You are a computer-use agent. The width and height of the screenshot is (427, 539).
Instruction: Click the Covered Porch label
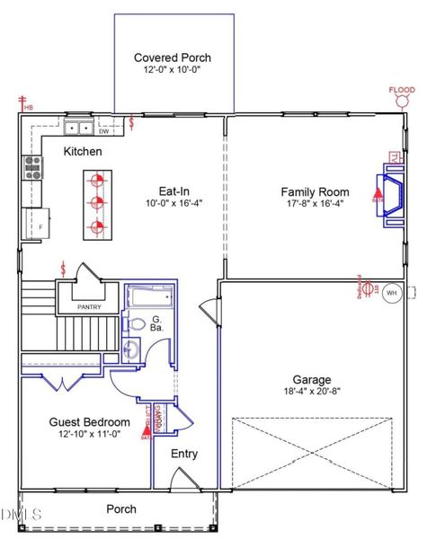(173, 57)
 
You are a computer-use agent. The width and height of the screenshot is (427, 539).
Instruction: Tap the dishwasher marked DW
(104, 131)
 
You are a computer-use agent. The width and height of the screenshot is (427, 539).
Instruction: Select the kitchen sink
(77, 128)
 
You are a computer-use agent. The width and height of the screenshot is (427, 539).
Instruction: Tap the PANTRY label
(88, 307)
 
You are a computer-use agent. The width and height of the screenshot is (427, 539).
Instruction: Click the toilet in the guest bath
(138, 324)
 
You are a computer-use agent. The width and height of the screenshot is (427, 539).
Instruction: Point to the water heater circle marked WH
(391, 292)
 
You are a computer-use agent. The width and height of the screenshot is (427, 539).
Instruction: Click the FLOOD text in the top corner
(401, 90)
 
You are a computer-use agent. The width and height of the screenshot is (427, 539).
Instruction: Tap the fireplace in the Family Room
(389, 199)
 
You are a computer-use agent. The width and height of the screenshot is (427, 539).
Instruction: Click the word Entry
(184, 454)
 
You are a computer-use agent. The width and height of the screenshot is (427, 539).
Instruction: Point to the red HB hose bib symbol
(22, 104)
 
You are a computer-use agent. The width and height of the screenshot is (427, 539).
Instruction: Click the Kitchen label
(82, 152)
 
